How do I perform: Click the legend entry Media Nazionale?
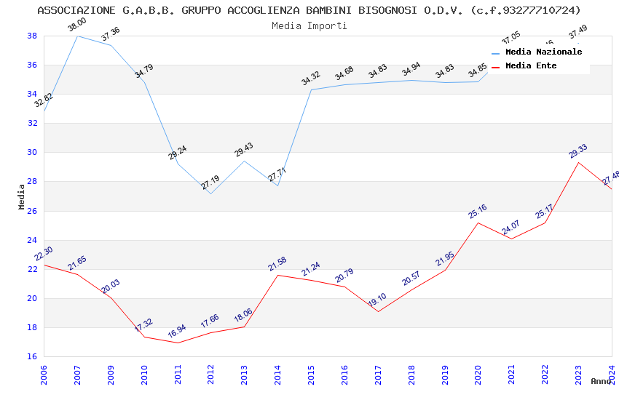543,52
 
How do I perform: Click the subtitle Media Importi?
309,25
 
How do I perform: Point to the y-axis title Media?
22,196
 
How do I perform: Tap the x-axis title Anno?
601,381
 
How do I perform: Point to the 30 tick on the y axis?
32,153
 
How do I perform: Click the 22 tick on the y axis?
32,269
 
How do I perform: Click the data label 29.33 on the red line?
578,151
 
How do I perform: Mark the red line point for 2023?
578,162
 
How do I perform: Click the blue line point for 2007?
77,36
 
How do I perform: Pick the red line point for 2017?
378,311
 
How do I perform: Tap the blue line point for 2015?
311,89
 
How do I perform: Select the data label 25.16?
478,212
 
